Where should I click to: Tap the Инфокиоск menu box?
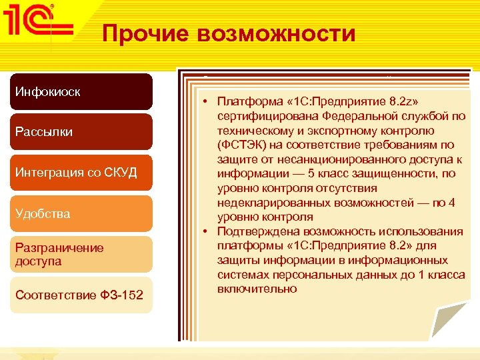(85, 91)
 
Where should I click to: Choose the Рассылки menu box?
(85, 132)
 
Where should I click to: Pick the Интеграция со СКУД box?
(85, 173)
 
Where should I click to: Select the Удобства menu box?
(85, 213)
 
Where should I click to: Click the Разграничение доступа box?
(85, 254)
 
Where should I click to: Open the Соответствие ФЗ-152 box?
(85, 295)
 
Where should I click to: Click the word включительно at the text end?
(257, 289)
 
